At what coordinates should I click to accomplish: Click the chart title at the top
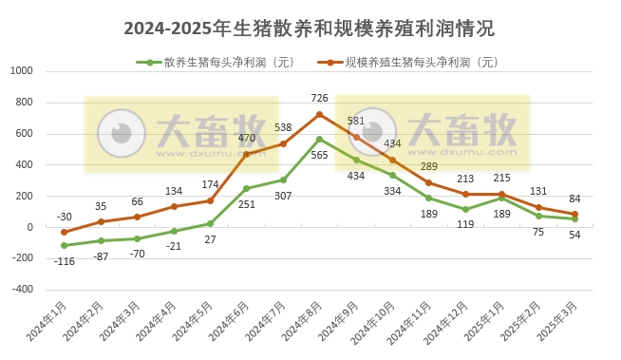coord(310,28)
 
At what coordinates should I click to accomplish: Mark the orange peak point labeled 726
coord(319,114)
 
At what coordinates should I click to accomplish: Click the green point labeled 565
coord(319,139)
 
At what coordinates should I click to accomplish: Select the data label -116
coord(64,260)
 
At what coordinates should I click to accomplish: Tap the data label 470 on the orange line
coord(246,139)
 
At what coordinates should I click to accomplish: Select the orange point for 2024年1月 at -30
coord(64,232)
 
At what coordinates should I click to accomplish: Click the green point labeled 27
coord(210,223)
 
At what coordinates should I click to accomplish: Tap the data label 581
coord(356,121)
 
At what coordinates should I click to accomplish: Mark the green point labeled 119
coord(465,209)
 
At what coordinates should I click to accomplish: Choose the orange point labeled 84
coord(574,215)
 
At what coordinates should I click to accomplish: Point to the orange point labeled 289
coord(428,182)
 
